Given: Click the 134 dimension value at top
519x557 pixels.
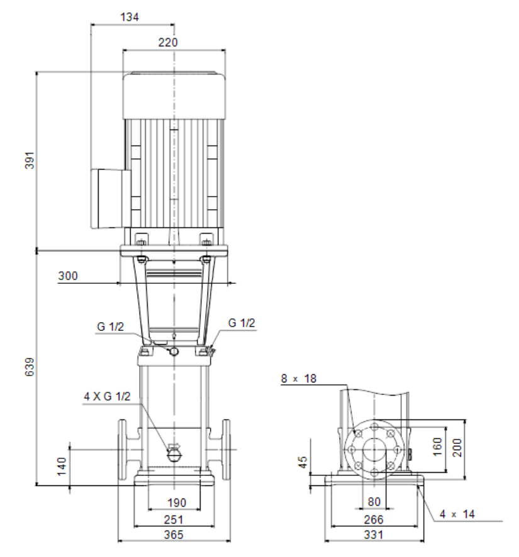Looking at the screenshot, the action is (130, 17).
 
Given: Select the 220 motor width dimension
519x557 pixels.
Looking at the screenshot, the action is (168, 42).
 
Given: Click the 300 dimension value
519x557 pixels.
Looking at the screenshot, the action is (68, 276).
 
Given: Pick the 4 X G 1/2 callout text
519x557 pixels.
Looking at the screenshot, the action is (107, 396).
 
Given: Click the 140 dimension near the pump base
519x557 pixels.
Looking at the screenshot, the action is (62, 467).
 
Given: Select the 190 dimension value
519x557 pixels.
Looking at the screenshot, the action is (177, 502).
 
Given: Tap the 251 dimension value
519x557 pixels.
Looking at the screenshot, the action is (174, 520).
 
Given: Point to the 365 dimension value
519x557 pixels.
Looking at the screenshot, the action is (174, 534).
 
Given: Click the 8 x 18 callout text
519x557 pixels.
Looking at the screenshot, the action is (299, 378).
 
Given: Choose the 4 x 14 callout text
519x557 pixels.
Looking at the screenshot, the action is (457, 514).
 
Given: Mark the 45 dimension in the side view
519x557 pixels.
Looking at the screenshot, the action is (302, 462).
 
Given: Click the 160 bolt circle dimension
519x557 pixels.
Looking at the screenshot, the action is (437, 446).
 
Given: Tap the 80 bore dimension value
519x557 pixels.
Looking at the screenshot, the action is (374, 502).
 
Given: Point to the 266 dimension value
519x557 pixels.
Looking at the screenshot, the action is (374, 520).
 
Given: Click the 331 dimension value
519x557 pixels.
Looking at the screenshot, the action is (374, 534).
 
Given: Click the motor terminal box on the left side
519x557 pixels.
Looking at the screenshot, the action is (110, 198).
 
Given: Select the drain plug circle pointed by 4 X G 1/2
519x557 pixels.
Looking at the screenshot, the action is (174, 455).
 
